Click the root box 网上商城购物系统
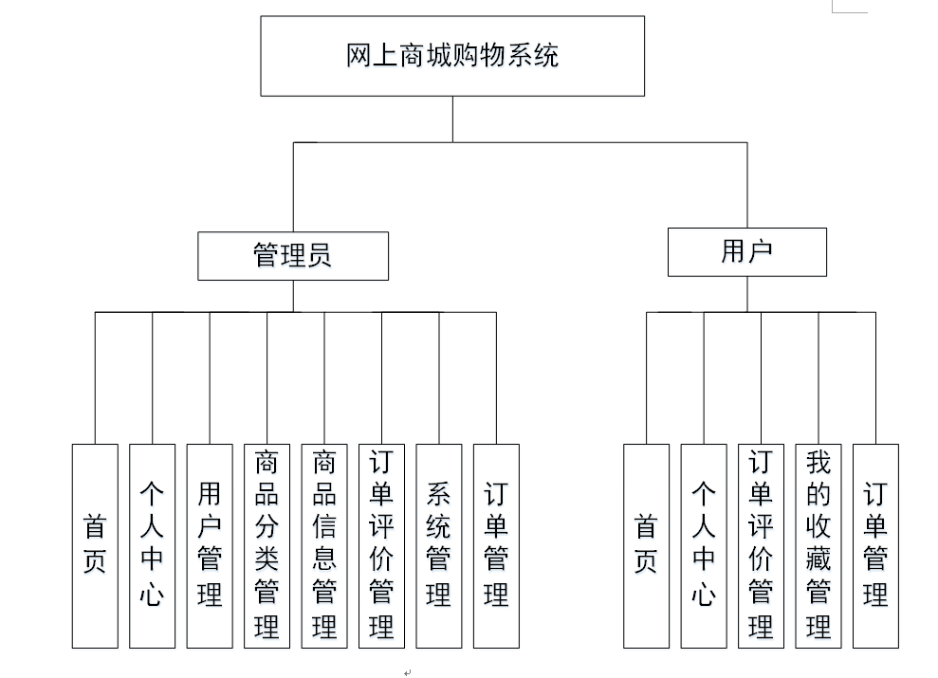pyautogui.click(x=452, y=56)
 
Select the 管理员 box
pyautogui.click(x=293, y=256)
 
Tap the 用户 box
pyautogui.click(x=746, y=252)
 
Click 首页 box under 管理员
pyautogui.click(x=95, y=545)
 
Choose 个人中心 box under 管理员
pyautogui.click(x=153, y=545)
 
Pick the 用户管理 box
pyautogui.click(x=210, y=545)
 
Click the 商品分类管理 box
pyautogui.click(x=267, y=545)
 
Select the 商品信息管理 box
pyautogui.click(x=324, y=545)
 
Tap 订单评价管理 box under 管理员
pyautogui.click(x=381, y=545)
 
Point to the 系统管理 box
pyautogui.click(x=439, y=545)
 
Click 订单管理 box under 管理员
pyautogui.click(x=496, y=545)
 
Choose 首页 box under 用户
pyautogui.click(x=646, y=545)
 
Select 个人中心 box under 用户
pyautogui.click(x=704, y=545)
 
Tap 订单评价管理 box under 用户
pyautogui.click(x=761, y=545)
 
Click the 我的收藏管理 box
pyautogui.click(x=818, y=545)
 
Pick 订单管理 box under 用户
pyautogui.click(x=875, y=545)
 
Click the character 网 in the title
pyautogui.click(x=359, y=56)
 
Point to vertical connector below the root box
pyautogui.click(x=452, y=119)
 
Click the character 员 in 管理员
pyautogui.click(x=320, y=256)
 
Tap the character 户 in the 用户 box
pyautogui.click(x=761, y=252)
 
